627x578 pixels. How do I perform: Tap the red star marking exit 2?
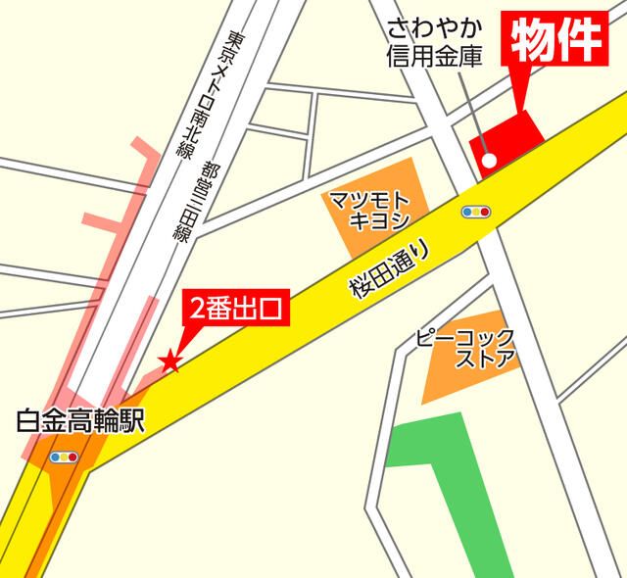[170, 361]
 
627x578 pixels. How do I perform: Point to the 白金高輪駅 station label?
[80, 422]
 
